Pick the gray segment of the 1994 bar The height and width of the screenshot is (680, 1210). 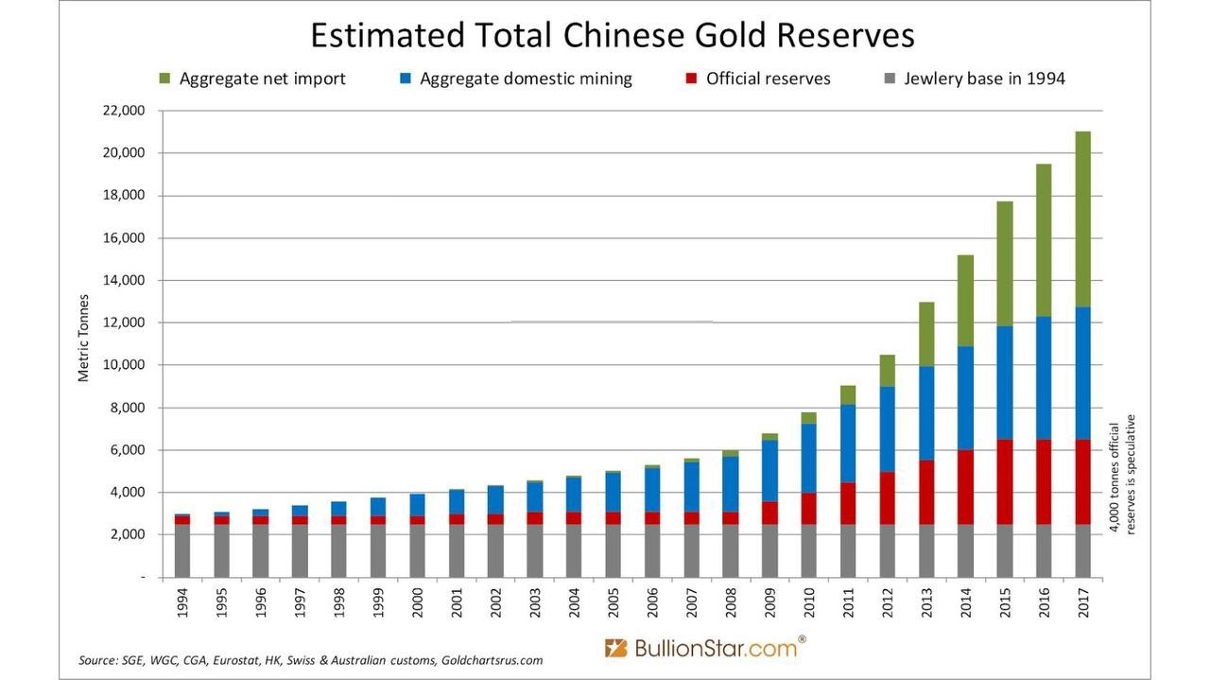[x=182, y=550]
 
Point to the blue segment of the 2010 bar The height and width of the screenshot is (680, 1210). [x=809, y=458]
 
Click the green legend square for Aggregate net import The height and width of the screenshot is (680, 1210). [x=166, y=78]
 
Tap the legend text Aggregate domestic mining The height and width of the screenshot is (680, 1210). [x=526, y=78]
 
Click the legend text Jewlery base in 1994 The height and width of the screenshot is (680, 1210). [x=984, y=78]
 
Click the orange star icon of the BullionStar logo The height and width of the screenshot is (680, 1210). [x=616, y=648]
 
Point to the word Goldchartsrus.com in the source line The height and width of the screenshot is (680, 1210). [x=491, y=659]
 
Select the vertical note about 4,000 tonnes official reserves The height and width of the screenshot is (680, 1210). [x=1121, y=473]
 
